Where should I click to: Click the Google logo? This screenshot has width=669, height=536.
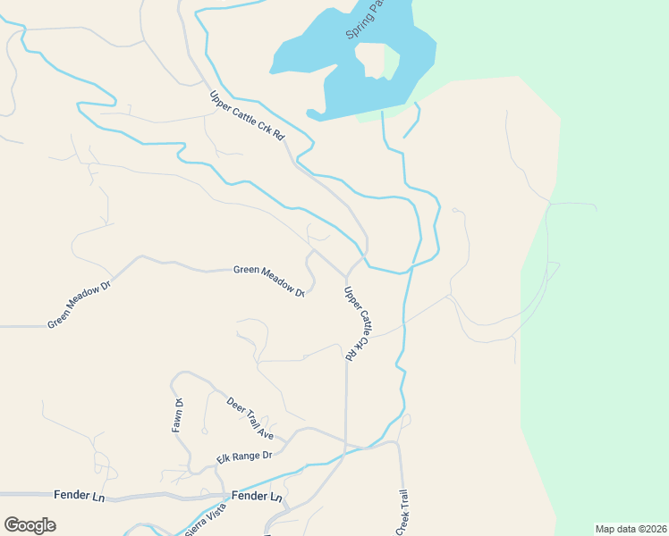click(30, 524)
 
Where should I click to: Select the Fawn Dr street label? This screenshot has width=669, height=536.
click(178, 415)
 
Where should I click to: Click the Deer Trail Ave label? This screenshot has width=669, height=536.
click(250, 417)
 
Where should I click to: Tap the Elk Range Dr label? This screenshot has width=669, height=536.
click(243, 456)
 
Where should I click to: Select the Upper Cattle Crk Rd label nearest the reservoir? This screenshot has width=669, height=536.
click(247, 116)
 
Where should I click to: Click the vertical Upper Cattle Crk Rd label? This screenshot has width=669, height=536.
click(356, 322)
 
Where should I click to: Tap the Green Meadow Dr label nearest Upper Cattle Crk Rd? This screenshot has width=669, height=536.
click(269, 281)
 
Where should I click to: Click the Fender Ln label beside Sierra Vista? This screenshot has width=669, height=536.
click(257, 496)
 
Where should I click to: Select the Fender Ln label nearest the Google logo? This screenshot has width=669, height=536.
click(79, 494)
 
